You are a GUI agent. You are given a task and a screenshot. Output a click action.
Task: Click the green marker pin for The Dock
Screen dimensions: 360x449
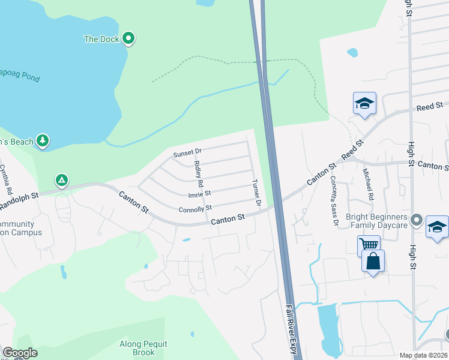tap(128, 39)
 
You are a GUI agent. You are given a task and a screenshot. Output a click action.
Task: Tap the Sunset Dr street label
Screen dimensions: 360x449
tap(188, 154)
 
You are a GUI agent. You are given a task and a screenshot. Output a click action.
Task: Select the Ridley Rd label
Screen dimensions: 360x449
tap(200, 175)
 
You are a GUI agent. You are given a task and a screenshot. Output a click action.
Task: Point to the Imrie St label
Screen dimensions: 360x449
tap(200, 194)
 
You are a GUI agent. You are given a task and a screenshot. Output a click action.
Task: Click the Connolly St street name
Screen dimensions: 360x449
tap(195, 209)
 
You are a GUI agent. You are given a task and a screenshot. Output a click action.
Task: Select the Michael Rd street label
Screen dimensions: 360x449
tap(368, 185)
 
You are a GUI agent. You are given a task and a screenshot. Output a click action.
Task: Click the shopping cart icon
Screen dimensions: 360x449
tap(367, 245)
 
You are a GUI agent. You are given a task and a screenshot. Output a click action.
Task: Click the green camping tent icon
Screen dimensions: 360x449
tap(61, 179)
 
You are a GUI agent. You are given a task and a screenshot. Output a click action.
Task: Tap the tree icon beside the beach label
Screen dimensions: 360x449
tap(42, 140)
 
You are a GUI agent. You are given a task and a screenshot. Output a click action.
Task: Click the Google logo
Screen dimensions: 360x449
tap(20, 353)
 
